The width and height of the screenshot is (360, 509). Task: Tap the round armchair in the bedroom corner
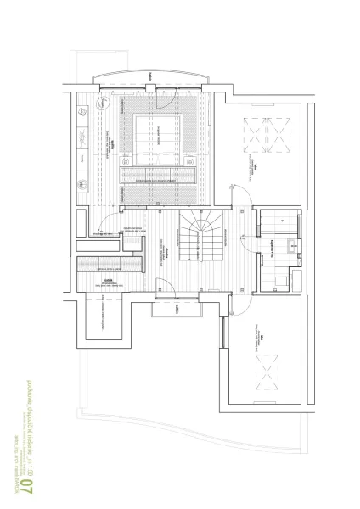click(101, 104)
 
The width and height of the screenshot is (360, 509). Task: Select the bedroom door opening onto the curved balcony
click(149, 82)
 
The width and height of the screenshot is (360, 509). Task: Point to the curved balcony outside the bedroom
click(149, 75)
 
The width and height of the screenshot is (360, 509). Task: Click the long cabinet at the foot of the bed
click(159, 176)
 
